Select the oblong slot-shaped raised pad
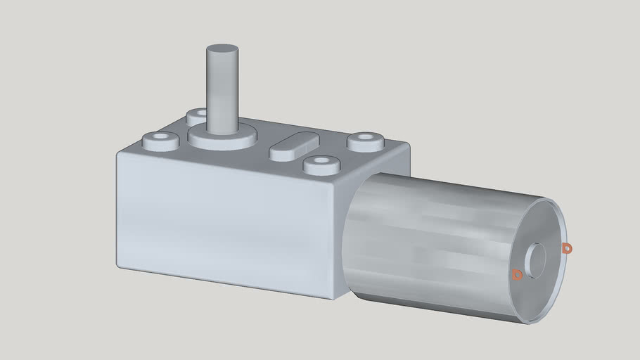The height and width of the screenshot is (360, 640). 294,146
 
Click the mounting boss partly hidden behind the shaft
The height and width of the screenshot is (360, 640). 196,115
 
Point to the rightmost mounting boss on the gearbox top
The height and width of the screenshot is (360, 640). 366,141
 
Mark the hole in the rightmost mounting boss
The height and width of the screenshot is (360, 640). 366,139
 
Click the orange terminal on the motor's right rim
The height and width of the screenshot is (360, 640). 567,248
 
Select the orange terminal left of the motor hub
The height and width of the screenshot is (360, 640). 517,274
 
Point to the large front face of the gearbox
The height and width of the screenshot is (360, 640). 225,218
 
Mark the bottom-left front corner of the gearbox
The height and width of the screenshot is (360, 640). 120,265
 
